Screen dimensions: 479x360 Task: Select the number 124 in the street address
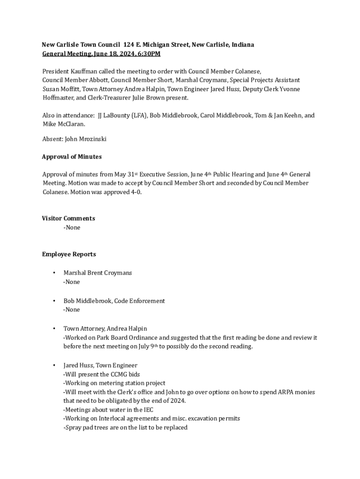[x=129, y=45]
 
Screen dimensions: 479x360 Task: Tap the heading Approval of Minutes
[x=72, y=157]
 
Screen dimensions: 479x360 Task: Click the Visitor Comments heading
[x=68, y=218]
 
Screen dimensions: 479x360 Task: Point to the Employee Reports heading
[x=69, y=254]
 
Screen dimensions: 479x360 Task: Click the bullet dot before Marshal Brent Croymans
[x=54, y=273]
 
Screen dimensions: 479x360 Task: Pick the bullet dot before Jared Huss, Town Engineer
[x=54, y=365]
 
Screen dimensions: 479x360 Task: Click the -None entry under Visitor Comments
[x=72, y=228]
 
